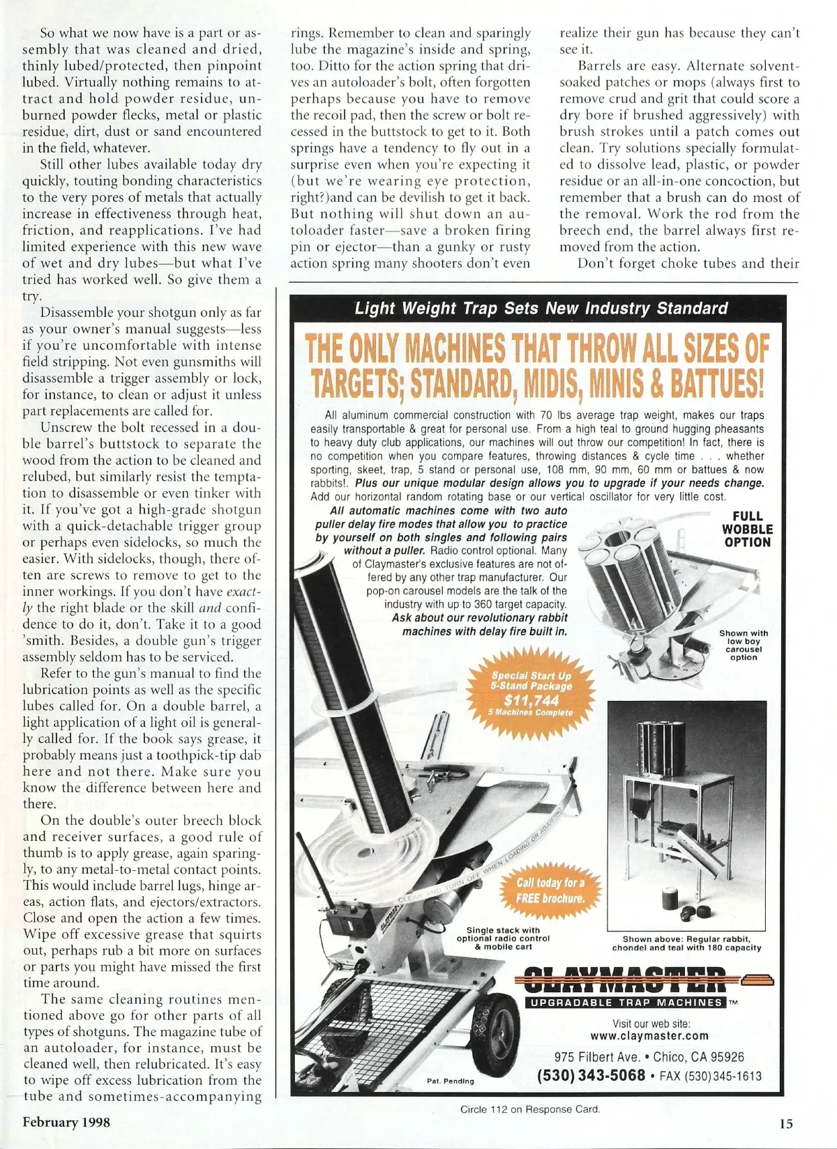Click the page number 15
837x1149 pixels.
786,1123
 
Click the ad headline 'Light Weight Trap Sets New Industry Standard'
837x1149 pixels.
541,309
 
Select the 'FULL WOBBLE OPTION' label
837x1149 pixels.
746,529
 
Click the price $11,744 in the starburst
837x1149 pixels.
531,700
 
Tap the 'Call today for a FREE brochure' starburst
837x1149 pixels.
550,890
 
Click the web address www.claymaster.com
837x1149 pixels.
649,1035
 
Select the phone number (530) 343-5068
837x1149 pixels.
591,1075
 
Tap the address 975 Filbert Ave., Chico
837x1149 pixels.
649,1057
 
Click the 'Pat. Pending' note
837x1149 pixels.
450,1081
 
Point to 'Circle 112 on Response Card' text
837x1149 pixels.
530,1109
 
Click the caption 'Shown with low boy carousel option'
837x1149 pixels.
744,645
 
